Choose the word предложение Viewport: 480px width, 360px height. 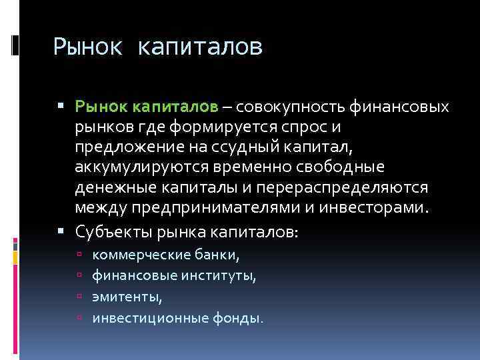(x=127, y=147)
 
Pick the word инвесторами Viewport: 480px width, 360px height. (x=373, y=207)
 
